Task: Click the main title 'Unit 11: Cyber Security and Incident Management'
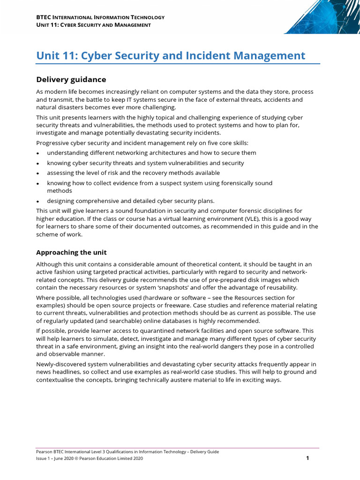coord(171,56)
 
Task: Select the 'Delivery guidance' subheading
coord(71,80)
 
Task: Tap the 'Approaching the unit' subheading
coord(71,252)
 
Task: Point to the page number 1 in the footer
coord(307,458)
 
